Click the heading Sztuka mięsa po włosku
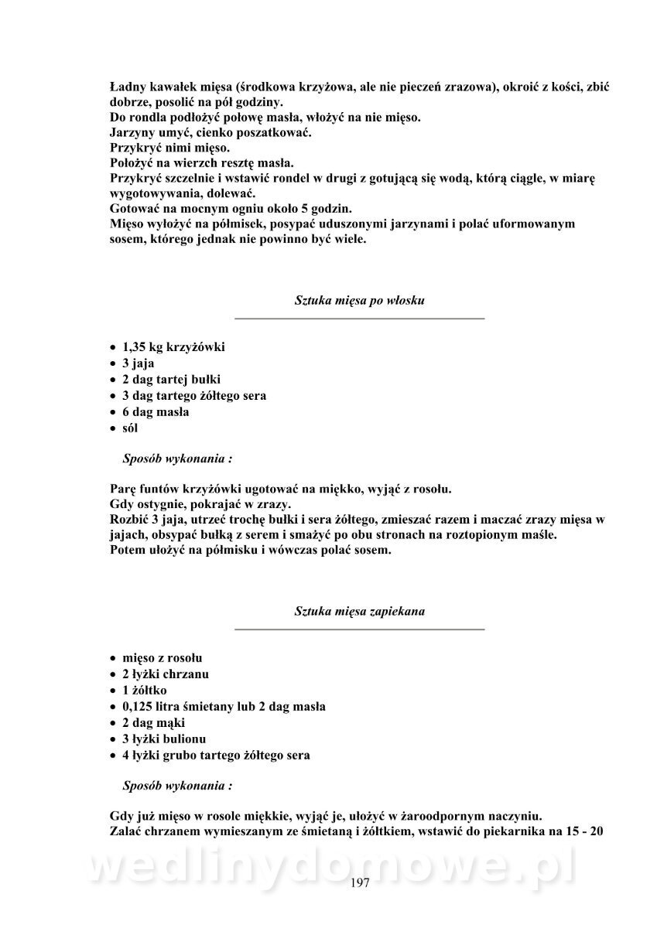(359, 300)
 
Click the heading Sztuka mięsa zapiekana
(359, 611)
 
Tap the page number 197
(361, 884)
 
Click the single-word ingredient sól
(130, 428)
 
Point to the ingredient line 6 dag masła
(156, 412)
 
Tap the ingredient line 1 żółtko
(145, 691)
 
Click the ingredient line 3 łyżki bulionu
(164, 739)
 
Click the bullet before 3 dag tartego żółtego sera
(114, 397)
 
